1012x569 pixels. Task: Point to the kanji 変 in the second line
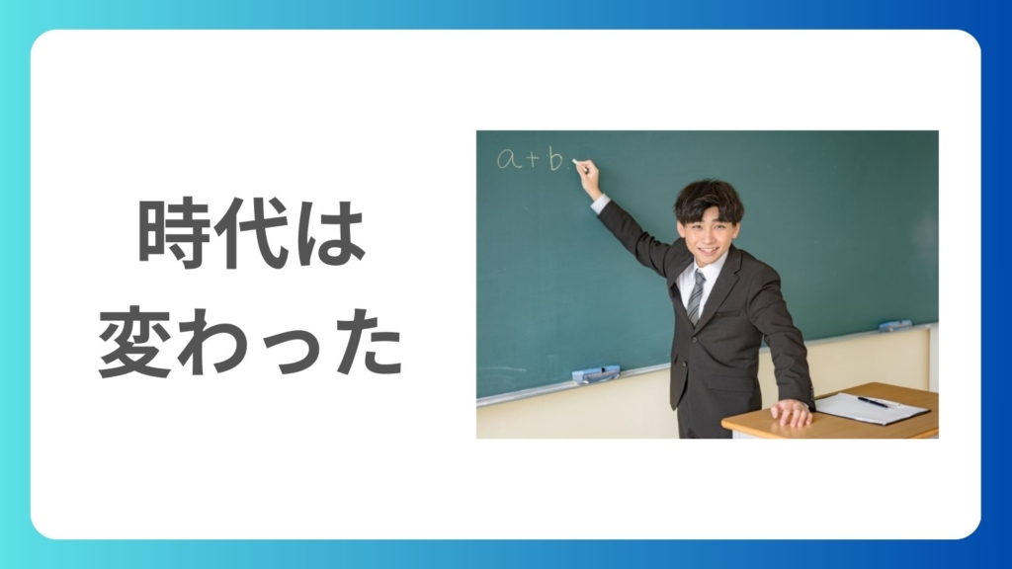click(134, 341)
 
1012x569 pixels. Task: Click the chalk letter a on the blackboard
click(509, 158)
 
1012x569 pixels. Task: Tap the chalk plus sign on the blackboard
click(533, 158)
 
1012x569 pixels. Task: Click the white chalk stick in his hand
click(577, 164)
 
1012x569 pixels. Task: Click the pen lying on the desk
click(873, 402)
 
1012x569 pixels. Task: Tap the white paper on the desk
click(872, 409)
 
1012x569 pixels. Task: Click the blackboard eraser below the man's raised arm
click(596, 374)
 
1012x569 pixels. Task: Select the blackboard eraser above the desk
click(895, 325)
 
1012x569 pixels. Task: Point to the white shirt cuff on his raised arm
click(600, 203)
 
